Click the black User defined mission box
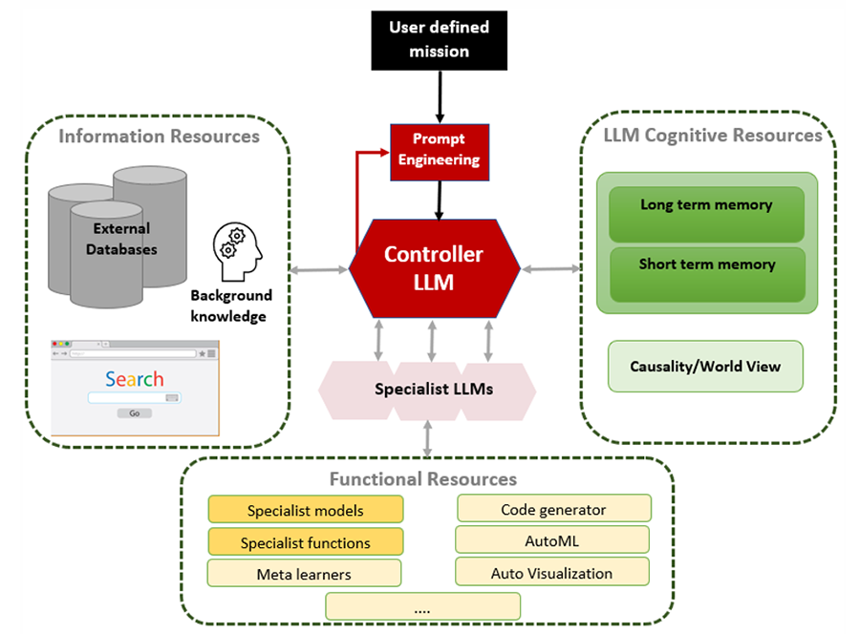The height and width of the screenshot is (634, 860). tap(439, 39)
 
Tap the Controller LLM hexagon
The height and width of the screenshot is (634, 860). tap(434, 267)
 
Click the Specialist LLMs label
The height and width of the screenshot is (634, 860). tap(434, 390)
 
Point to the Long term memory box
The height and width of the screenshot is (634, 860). tap(706, 206)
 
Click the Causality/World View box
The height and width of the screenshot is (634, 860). tap(705, 366)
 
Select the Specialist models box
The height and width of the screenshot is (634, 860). tap(306, 510)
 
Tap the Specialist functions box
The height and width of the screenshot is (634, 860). tap(306, 542)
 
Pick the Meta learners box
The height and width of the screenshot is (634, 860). tap(304, 574)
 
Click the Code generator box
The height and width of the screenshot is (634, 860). tap(553, 509)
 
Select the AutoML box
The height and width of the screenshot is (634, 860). tap(552, 540)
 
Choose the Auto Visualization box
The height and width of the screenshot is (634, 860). tap(552, 573)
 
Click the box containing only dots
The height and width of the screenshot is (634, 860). tap(423, 606)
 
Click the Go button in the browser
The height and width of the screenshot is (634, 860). tap(134, 413)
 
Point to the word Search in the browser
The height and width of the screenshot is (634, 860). tap(134, 379)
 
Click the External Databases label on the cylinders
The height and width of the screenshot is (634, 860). tap(121, 239)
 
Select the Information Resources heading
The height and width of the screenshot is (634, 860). tap(159, 137)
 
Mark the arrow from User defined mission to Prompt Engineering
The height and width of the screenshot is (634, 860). tap(440, 97)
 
